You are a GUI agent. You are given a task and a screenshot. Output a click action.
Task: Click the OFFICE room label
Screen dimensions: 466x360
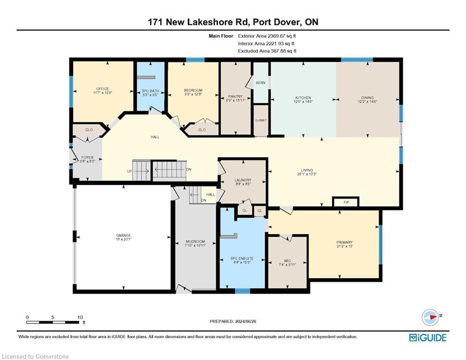[x=103, y=89]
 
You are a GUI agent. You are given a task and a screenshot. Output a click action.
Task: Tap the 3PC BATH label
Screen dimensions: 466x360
[x=150, y=91]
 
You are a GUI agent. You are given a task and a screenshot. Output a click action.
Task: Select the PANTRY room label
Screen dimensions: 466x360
[x=236, y=97]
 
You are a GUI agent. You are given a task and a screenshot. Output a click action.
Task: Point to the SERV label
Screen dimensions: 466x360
[x=261, y=82]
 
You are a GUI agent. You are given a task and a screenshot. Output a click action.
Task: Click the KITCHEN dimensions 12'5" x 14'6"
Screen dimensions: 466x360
[x=303, y=101]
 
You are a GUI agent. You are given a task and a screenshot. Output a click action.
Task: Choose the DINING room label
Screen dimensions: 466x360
[x=367, y=97]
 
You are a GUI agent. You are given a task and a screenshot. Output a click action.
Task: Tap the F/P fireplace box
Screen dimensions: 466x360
[x=346, y=202]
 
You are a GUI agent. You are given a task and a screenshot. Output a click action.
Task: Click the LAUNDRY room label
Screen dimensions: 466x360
[x=243, y=180]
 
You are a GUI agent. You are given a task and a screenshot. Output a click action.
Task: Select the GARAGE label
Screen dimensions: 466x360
[x=123, y=235]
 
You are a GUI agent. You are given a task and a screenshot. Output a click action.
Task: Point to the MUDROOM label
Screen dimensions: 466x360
[x=195, y=241]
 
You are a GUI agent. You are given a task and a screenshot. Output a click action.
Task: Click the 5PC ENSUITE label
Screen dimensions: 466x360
[x=242, y=259]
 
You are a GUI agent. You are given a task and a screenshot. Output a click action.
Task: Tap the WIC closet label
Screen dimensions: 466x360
[x=288, y=261]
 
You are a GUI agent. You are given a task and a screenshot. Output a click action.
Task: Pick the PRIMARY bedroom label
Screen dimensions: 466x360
[x=344, y=242]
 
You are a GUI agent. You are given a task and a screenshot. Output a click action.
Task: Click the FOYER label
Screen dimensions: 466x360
[x=88, y=157]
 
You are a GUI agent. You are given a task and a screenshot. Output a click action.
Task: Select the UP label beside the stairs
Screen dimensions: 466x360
[x=129, y=171]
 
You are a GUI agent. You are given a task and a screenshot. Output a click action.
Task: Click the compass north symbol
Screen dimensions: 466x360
[x=430, y=317]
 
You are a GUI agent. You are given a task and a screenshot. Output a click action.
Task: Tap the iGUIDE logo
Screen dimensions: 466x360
[x=428, y=337]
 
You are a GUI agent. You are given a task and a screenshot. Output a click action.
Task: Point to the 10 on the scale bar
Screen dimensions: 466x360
[x=80, y=317]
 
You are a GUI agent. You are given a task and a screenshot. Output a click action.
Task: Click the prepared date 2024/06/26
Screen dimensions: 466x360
[x=245, y=321]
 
